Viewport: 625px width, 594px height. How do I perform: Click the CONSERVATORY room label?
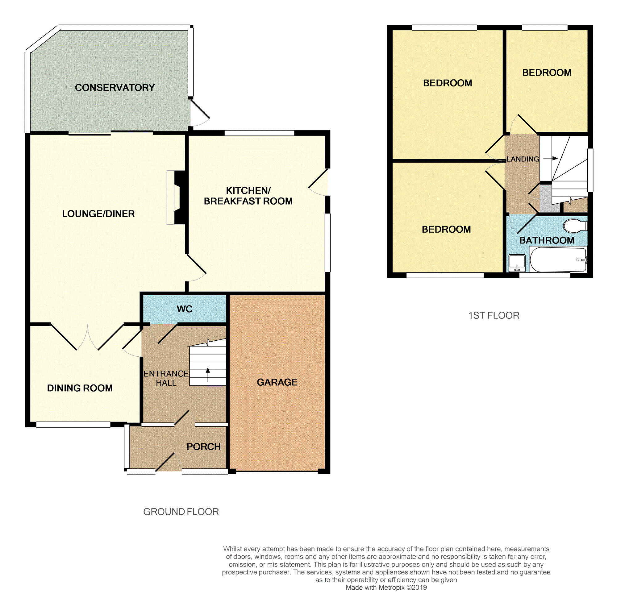click(115, 88)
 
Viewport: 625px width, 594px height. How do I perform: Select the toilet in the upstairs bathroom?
click(574, 226)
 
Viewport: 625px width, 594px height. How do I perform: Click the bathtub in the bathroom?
click(558, 260)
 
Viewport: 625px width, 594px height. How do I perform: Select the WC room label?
click(184, 309)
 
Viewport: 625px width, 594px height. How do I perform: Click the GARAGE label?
click(277, 382)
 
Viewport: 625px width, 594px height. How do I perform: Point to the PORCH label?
click(203, 447)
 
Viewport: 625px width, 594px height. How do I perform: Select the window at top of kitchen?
click(259, 133)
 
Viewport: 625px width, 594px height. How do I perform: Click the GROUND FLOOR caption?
click(181, 512)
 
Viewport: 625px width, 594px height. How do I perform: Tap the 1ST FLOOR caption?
click(494, 315)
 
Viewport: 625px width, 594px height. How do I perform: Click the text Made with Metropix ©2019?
click(386, 588)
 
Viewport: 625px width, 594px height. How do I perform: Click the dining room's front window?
click(73, 425)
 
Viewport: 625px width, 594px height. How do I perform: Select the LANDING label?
click(522, 159)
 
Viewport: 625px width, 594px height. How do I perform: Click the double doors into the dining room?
click(87, 337)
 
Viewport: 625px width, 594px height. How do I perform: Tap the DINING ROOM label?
click(80, 388)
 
